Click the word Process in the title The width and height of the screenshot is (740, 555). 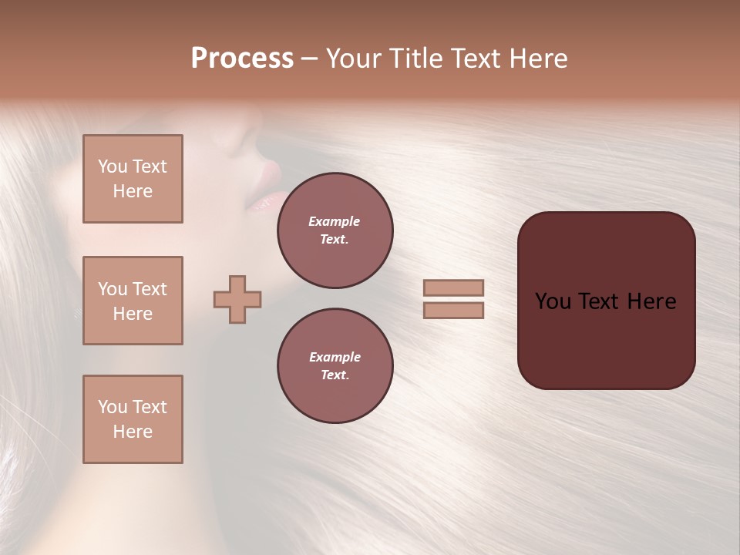tap(242, 59)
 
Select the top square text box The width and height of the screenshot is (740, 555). tap(133, 179)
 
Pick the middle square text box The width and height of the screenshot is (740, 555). tap(133, 301)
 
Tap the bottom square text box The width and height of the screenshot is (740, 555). tap(133, 419)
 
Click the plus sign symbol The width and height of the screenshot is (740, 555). tap(237, 299)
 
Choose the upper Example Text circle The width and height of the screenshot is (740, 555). tap(335, 230)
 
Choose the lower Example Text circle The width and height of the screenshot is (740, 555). tap(335, 366)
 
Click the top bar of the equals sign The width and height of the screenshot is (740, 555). tap(454, 288)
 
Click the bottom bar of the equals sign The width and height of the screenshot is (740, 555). tap(454, 310)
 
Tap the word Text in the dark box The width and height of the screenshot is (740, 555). tap(605, 301)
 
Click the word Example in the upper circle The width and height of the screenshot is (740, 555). tap(335, 221)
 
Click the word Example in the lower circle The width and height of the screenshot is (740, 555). tap(335, 357)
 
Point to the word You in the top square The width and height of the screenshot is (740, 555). tap(112, 166)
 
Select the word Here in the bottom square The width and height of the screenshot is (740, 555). tap(133, 432)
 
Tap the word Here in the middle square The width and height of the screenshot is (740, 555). tap(133, 314)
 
